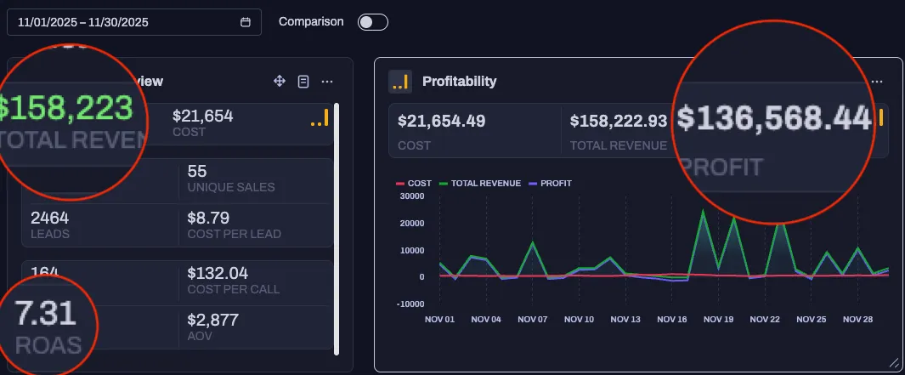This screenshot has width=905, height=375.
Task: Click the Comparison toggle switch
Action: pos(373,22)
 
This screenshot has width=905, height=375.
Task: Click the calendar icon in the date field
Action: pos(246,22)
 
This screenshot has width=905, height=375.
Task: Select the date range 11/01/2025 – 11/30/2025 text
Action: pos(82,22)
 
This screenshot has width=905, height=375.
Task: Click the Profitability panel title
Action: pos(459,82)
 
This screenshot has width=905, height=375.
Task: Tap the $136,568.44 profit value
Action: pos(774,120)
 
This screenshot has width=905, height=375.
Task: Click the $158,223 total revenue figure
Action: pos(66,109)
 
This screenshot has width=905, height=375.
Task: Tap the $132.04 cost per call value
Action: pos(217,273)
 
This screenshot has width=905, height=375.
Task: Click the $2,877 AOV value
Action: pos(212,320)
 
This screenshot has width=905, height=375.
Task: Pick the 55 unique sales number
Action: pos(196,172)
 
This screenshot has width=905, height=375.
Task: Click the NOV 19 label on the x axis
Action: pos(717,320)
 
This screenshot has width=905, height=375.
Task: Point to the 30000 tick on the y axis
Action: pos(411,196)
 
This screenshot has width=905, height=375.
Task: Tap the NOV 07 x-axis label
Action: pos(532,320)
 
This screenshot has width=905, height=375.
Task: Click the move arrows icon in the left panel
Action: pos(279,81)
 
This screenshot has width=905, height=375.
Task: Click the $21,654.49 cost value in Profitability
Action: pos(441,121)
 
